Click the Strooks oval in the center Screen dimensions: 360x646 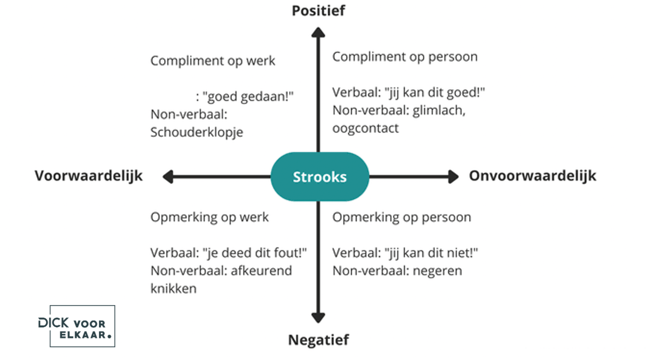tap(320, 177)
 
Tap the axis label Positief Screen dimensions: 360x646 tap(318, 11)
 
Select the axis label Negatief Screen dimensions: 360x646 tap(318, 340)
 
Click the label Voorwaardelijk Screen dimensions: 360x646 tap(89, 176)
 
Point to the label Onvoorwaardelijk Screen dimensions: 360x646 tap(533, 176)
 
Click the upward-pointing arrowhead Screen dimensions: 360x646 tap(318, 33)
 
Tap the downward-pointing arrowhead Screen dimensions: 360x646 tap(318, 317)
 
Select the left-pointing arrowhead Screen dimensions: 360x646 tap(168, 177)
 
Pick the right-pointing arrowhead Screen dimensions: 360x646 tap(453, 177)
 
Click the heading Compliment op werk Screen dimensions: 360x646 tap(213, 61)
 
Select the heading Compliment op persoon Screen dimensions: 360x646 tap(405, 57)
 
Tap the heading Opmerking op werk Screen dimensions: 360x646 tap(210, 217)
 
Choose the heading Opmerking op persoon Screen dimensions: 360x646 tap(402, 217)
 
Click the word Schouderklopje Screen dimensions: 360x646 tap(197, 132)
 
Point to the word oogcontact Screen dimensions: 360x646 tap(366, 128)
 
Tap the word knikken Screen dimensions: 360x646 tap(174, 289)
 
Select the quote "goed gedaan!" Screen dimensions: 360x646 tap(248, 97)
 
